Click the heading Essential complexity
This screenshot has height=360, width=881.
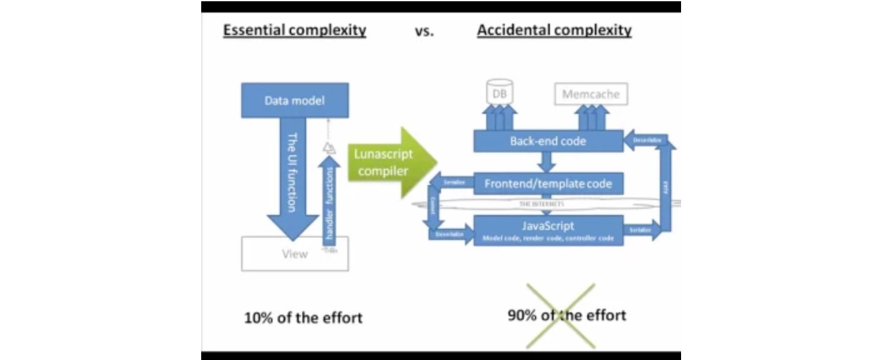(x=294, y=30)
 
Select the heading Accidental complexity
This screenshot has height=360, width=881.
(x=554, y=30)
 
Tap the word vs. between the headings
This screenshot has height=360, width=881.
(x=424, y=31)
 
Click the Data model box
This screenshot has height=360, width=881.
(x=294, y=100)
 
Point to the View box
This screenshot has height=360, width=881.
(x=294, y=254)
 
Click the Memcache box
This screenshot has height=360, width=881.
(x=591, y=94)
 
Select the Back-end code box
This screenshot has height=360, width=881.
(x=548, y=141)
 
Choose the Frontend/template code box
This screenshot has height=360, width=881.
(x=548, y=184)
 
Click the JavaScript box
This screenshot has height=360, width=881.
(x=548, y=229)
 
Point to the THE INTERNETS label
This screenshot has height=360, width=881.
(x=541, y=204)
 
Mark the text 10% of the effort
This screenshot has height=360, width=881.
(x=303, y=317)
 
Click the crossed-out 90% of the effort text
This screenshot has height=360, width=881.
(x=566, y=315)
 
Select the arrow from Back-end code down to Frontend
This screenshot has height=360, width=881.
(x=547, y=162)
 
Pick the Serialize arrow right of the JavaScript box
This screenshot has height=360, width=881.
(x=641, y=230)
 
